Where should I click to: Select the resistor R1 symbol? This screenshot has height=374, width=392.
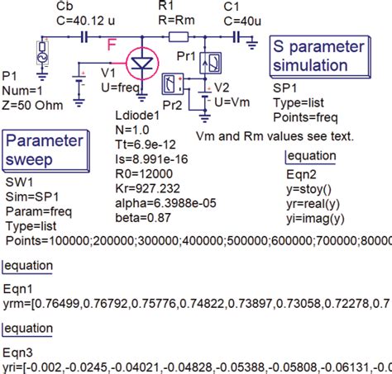[x=179, y=36]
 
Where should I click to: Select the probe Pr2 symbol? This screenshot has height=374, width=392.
[x=173, y=83]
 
